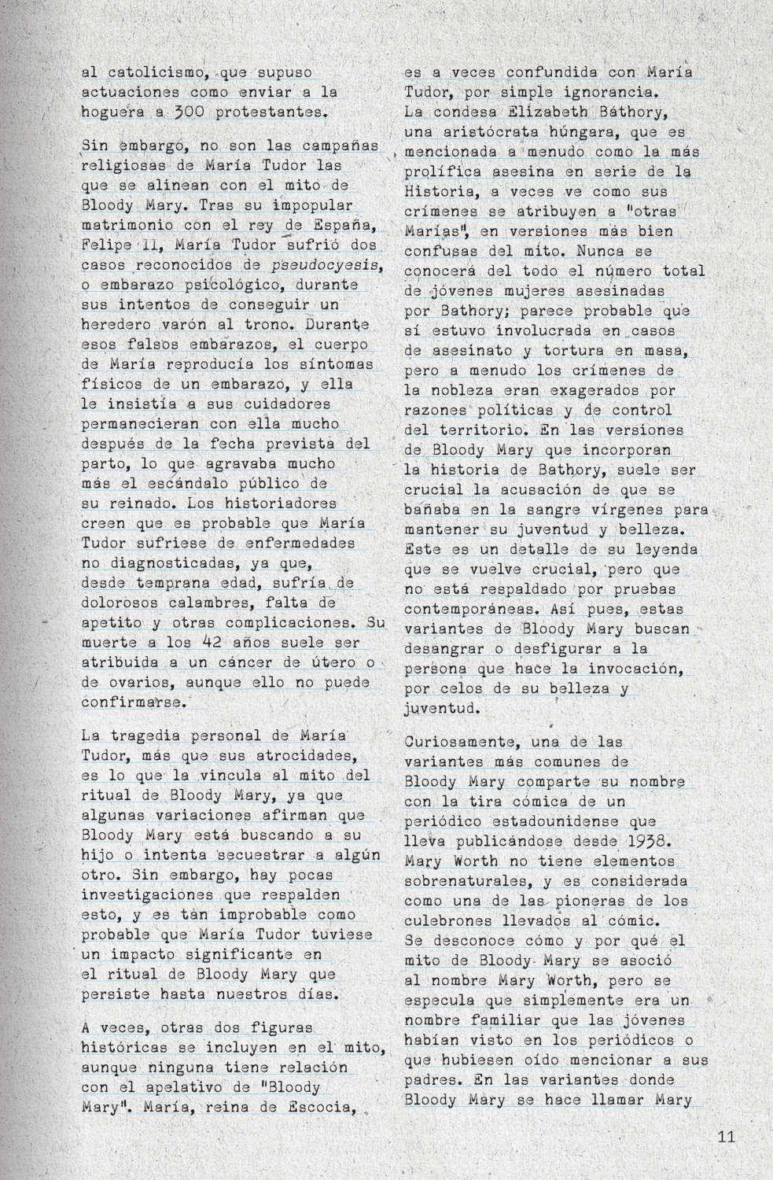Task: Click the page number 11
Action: (725, 1137)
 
